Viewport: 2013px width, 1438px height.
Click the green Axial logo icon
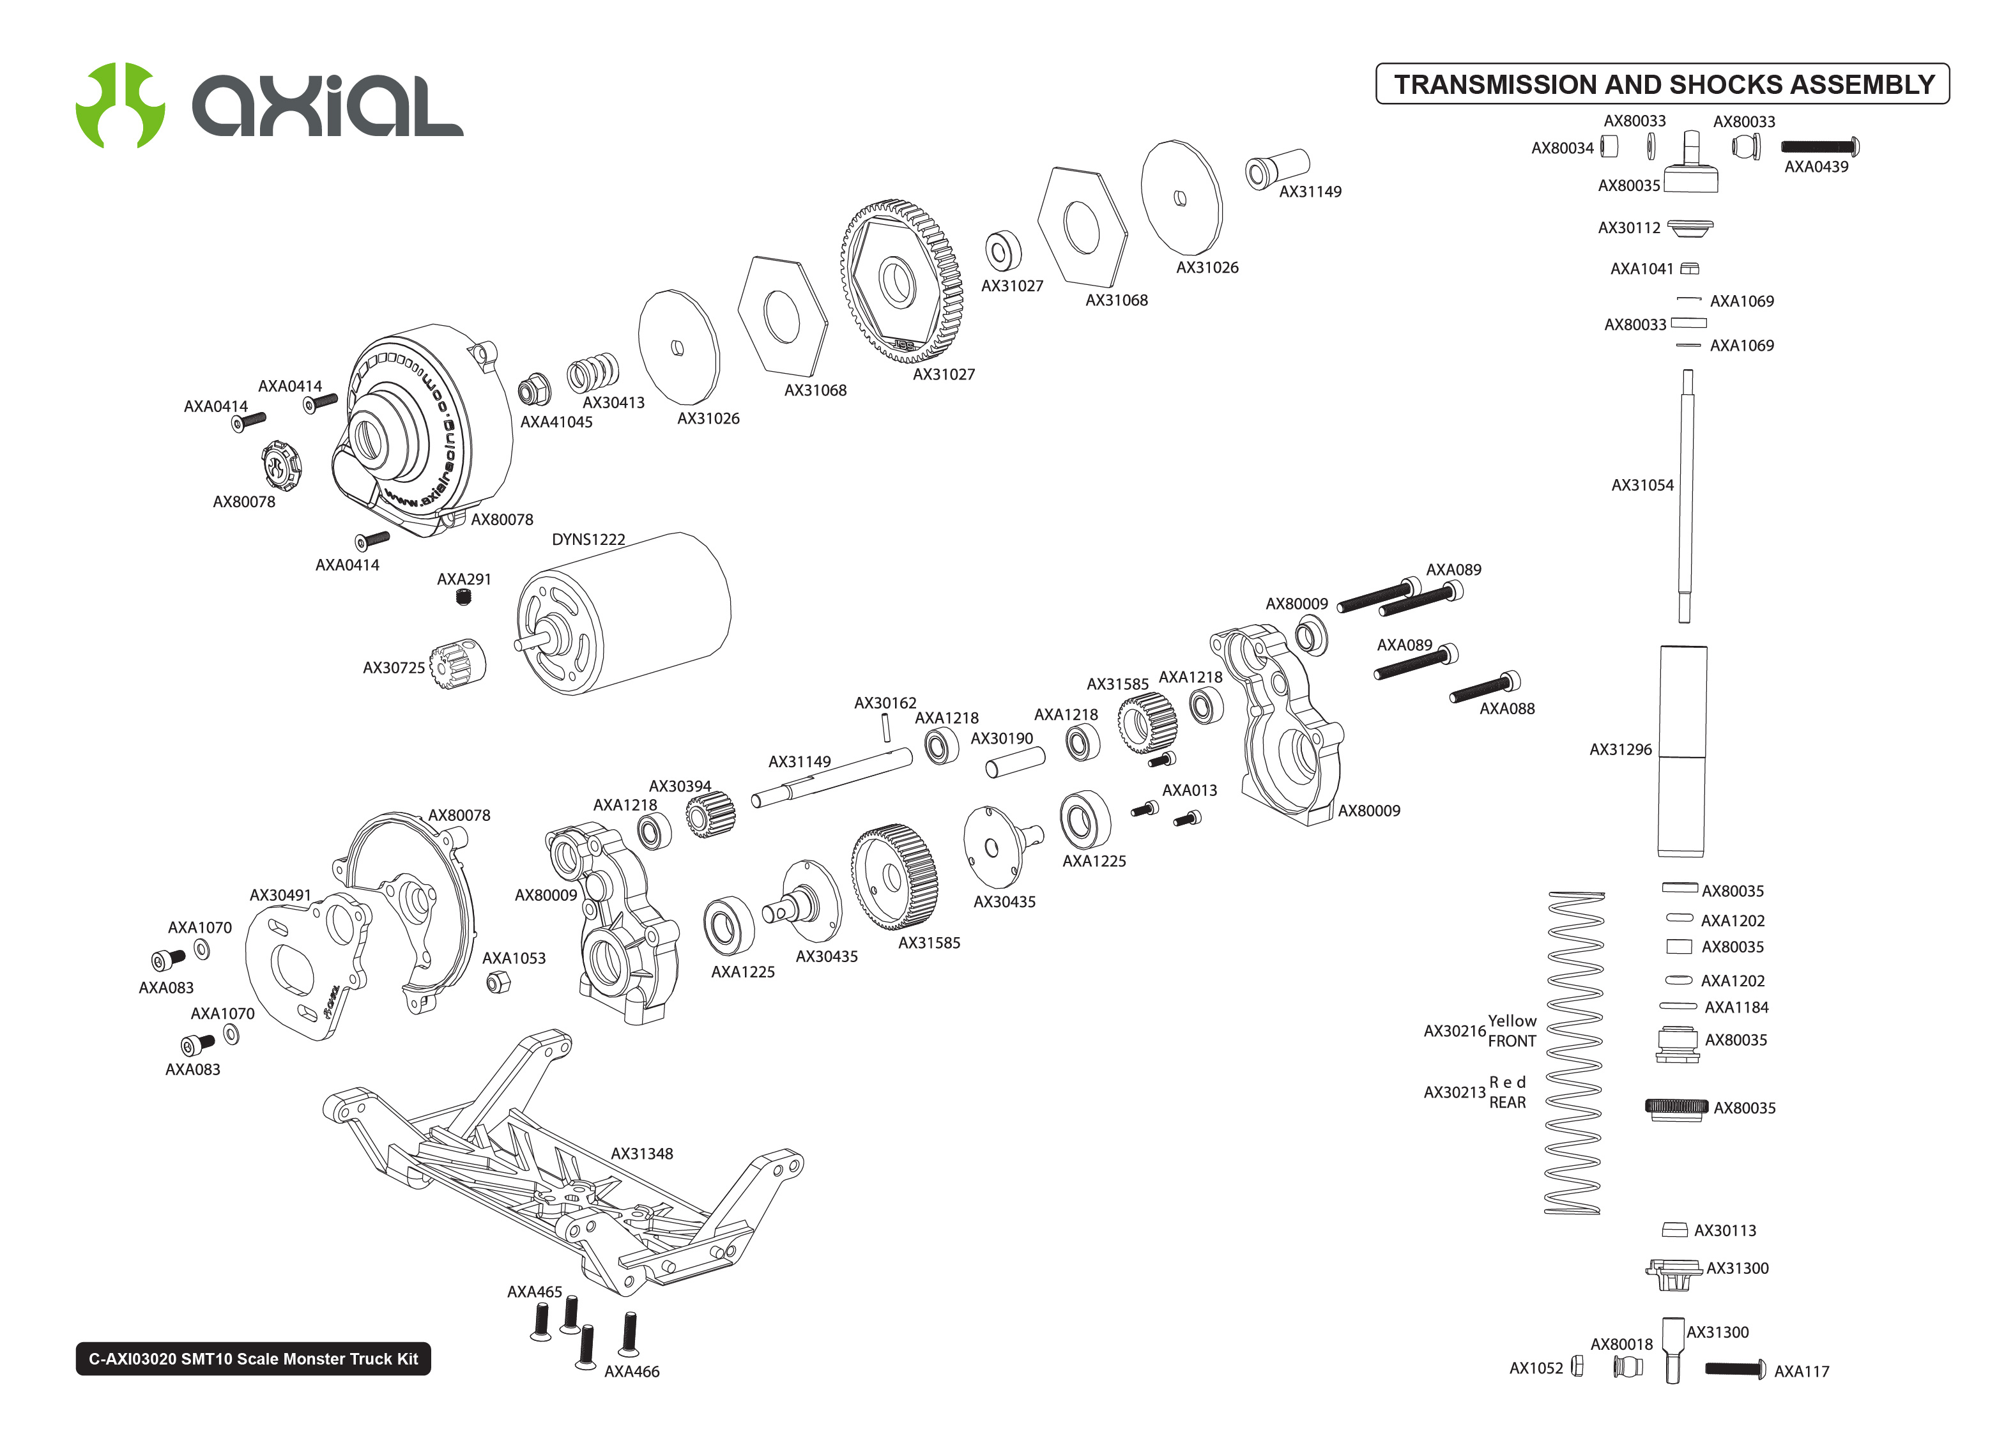click(x=119, y=105)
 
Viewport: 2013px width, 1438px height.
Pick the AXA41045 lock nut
click(x=533, y=390)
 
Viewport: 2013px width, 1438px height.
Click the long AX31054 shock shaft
click(x=1685, y=496)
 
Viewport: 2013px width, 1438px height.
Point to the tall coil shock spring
click(x=1574, y=1053)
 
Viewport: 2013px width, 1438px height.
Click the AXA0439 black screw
click(x=1819, y=146)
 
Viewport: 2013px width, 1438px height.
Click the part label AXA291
click(x=464, y=579)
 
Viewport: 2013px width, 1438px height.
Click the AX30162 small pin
click(x=885, y=727)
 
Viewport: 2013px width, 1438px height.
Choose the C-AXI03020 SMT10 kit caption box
click(x=253, y=1358)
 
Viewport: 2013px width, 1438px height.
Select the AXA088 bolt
click(x=1485, y=688)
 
